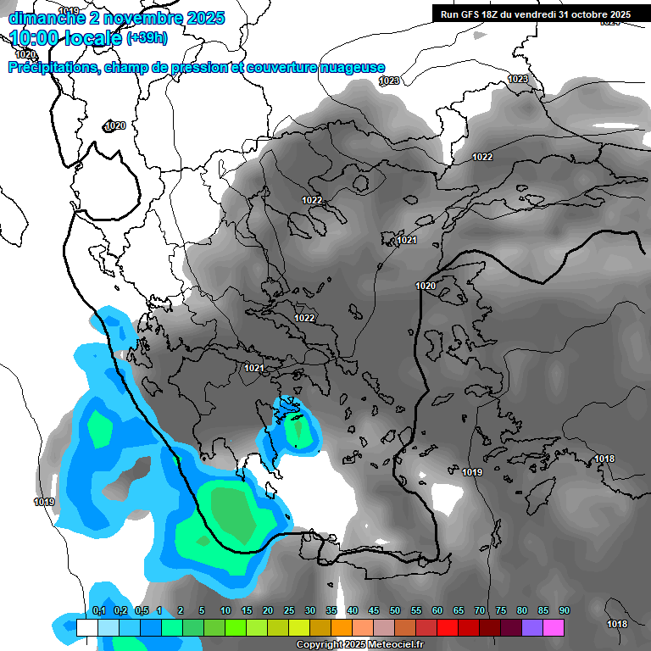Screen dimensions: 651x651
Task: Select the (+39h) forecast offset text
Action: tap(147, 37)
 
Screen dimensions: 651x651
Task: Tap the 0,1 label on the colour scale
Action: tap(98, 611)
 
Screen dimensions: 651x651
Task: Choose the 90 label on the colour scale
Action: tap(565, 611)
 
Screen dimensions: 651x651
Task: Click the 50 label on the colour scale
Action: tap(395, 611)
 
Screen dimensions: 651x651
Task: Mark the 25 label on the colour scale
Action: tap(289, 611)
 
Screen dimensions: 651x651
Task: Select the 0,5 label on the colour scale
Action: tap(141, 611)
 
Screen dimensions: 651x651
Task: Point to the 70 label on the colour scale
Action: tap(480, 611)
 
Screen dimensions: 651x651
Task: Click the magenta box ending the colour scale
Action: tap(554, 627)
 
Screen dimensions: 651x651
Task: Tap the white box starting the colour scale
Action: tap(87, 627)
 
